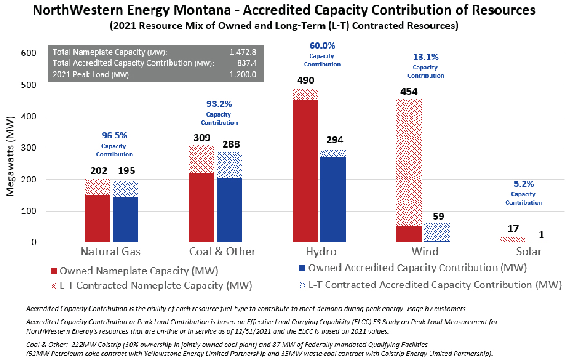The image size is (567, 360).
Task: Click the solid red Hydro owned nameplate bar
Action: pos(305,171)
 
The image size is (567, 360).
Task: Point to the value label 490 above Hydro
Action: pos(305,80)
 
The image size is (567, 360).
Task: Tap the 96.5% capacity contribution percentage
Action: pos(114,135)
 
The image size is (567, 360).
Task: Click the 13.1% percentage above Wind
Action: pos(425,57)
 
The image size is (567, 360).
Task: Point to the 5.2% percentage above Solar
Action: pos(523,184)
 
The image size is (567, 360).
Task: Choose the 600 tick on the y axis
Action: pos(28,54)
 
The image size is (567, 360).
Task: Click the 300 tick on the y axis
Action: pos(28,148)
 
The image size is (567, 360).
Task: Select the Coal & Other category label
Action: pos(222,252)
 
